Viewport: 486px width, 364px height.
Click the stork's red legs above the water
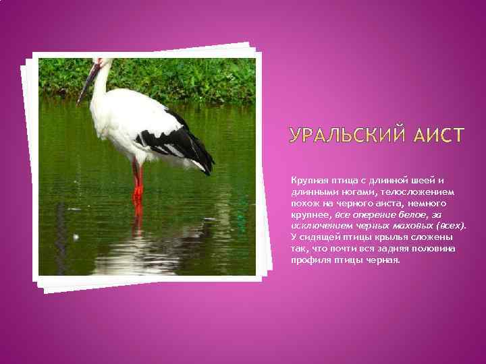(138, 180)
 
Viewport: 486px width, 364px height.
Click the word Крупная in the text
(308, 179)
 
